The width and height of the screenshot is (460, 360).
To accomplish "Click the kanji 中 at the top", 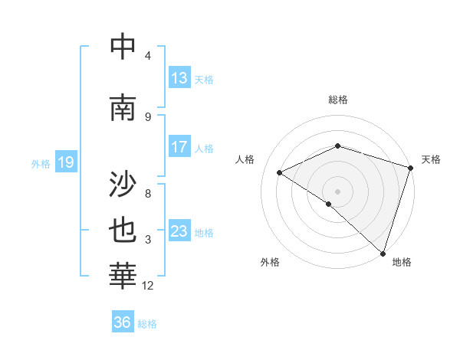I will click(123, 47).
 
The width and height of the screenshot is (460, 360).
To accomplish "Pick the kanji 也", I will click(123, 231).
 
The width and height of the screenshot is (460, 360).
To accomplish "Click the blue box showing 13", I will click(179, 78).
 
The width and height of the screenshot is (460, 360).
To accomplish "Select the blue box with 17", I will click(179, 147).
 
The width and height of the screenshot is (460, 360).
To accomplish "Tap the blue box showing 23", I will click(179, 231).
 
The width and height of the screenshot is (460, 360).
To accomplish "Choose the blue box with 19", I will click(65, 162).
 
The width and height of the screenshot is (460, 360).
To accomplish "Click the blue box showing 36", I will click(123, 322).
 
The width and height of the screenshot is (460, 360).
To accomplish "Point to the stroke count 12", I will click(148, 286).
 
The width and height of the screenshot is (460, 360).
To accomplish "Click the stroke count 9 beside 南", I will click(148, 116).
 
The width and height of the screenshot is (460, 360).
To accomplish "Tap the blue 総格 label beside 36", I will click(147, 324).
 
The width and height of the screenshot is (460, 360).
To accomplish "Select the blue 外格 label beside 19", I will click(40, 163).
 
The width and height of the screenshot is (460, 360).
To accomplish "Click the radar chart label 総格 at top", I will click(337, 100).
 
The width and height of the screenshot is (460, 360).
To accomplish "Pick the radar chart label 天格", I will click(431, 159).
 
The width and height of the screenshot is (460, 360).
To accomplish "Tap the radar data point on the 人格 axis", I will click(280, 172).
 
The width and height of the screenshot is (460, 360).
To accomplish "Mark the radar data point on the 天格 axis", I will click(410, 167).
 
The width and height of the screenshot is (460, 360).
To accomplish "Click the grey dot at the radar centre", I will click(337, 191).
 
